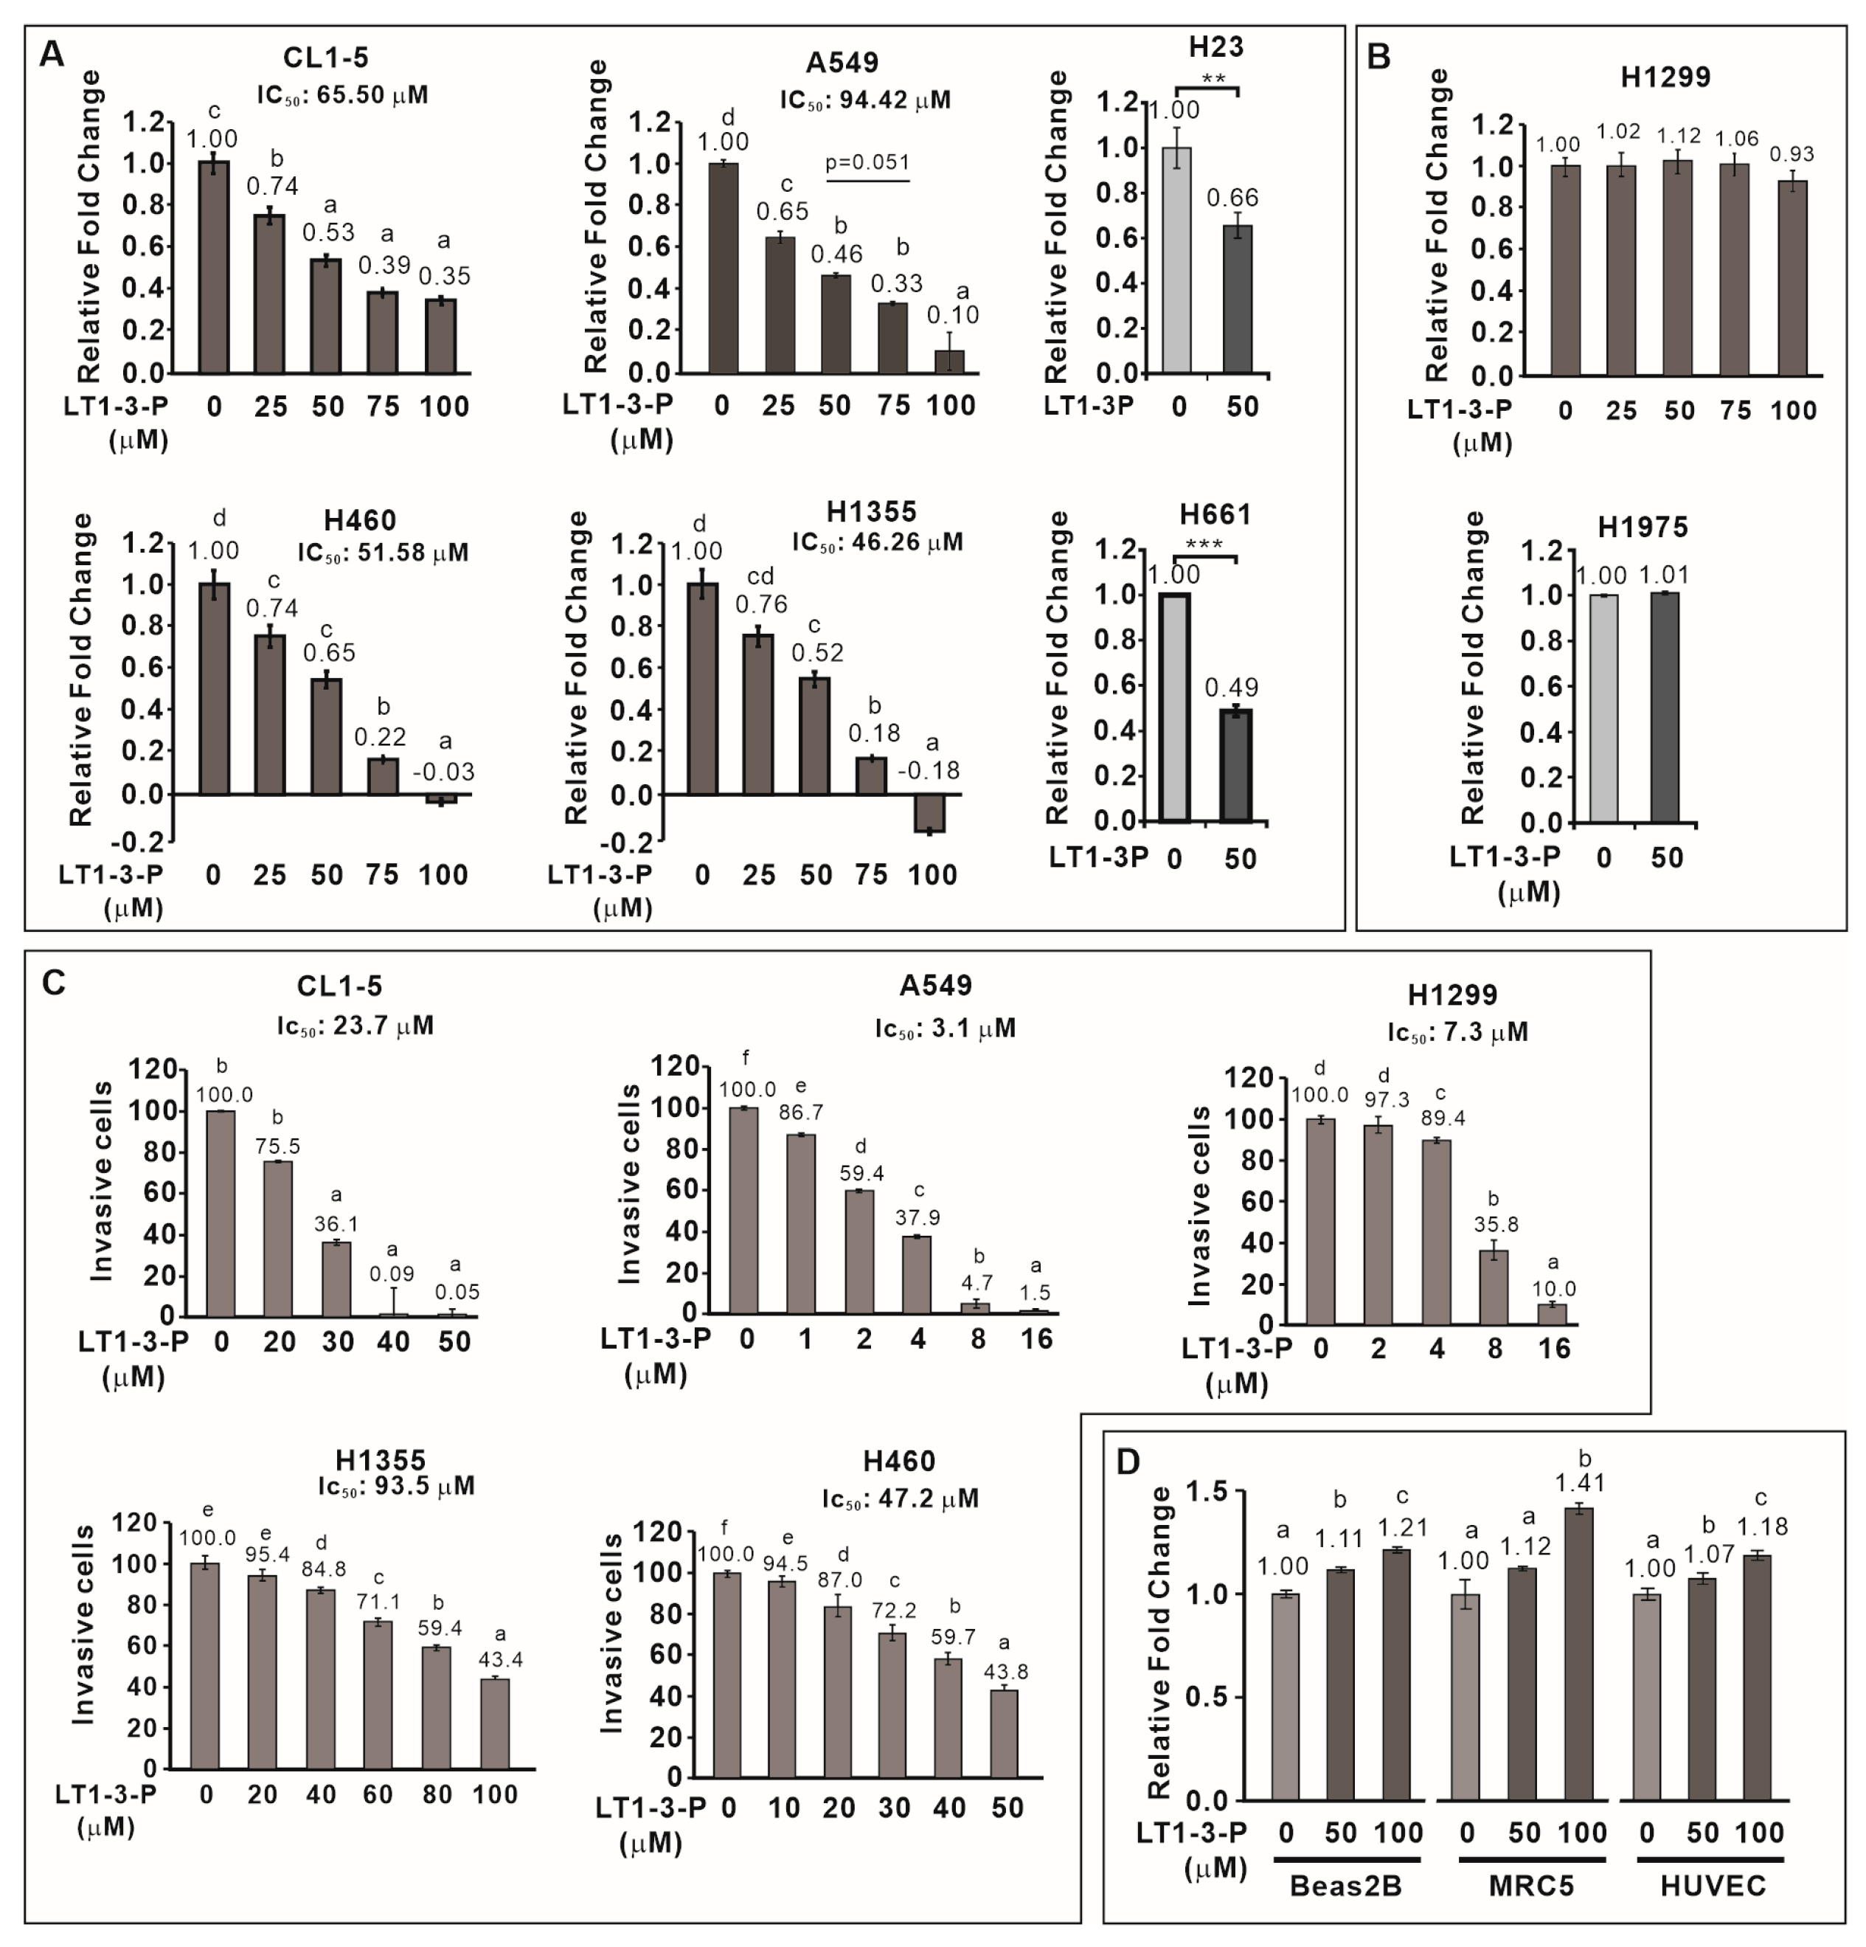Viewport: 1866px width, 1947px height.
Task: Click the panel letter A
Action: [51, 55]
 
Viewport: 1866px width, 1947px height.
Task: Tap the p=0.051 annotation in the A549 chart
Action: [867, 162]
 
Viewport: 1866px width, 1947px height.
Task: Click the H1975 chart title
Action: [1643, 527]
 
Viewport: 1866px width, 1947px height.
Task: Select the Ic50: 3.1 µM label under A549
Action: [944, 1027]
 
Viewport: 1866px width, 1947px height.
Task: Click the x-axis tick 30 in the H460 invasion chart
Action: [894, 1807]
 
